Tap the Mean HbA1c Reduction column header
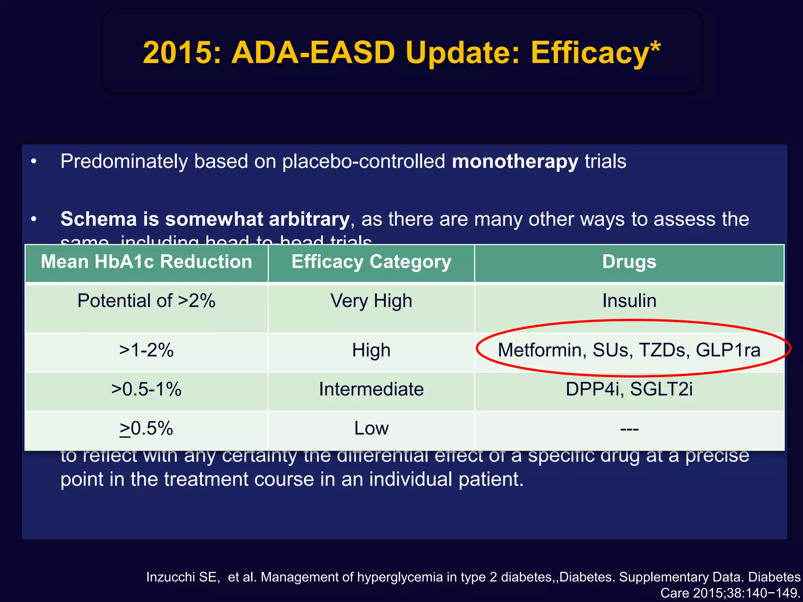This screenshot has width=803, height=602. (146, 262)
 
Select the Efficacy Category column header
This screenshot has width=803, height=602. (371, 262)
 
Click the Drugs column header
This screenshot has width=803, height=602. (629, 262)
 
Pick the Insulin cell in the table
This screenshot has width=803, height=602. (629, 301)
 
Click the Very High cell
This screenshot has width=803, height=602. (371, 301)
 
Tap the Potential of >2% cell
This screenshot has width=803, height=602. (146, 301)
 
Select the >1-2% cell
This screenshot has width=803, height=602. (146, 350)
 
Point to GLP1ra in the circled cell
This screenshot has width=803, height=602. (728, 350)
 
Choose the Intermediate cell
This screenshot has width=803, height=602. (371, 389)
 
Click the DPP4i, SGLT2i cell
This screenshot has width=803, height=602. (629, 389)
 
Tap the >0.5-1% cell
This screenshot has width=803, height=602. (146, 389)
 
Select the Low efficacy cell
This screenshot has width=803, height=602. (371, 428)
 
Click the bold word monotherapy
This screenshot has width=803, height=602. (514, 162)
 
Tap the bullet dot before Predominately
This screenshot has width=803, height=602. (34, 162)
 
